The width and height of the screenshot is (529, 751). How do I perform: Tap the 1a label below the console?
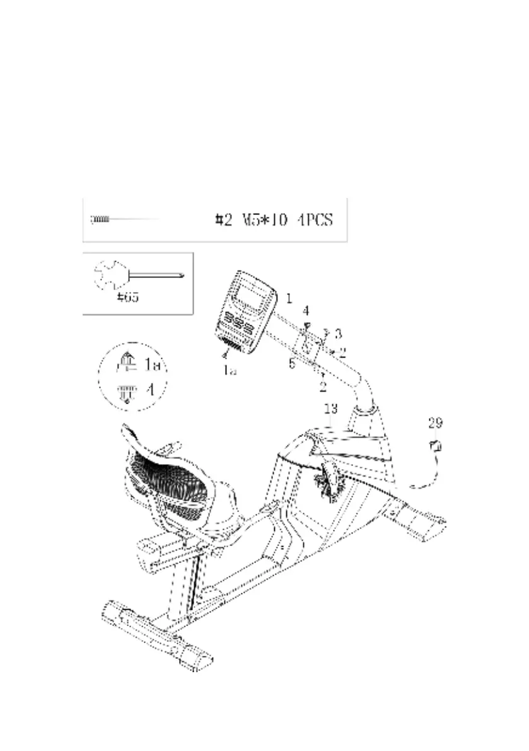coord(230,371)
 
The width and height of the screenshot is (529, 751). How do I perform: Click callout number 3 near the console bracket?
coord(338,333)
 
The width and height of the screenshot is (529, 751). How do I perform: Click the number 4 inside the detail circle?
coord(149,390)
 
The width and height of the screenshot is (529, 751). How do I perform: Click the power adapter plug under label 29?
coord(434,446)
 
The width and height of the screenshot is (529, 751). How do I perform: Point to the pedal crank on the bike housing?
coord(328,479)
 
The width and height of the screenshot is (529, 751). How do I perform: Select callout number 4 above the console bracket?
coord(306,310)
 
